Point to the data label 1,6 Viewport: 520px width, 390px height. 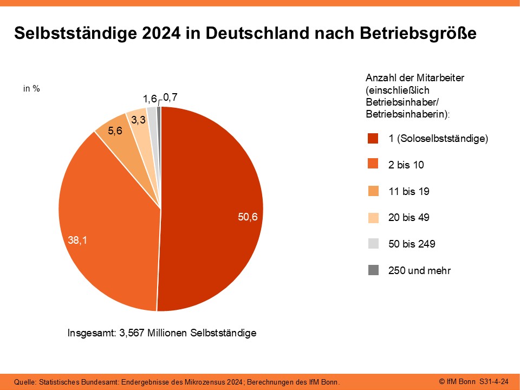click(x=149, y=99)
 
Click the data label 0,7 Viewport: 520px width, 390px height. click(x=170, y=97)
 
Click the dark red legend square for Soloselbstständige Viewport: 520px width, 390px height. click(x=373, y=139)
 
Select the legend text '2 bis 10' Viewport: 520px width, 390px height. click(x=406, y=165)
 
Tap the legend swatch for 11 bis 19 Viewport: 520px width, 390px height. click(x=373, y=191)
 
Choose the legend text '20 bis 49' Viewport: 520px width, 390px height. click(x=409, y=218)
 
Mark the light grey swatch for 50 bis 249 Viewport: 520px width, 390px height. click(x=373, y=244)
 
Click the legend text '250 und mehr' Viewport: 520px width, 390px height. click(x=419, y=270)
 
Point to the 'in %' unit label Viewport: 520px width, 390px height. click(x=31, y=89)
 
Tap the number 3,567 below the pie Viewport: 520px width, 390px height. click(x=132, y=333)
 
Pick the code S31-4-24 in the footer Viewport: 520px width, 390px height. click(x=494, y=382)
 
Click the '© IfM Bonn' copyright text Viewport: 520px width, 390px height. click(x=457, y=382)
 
